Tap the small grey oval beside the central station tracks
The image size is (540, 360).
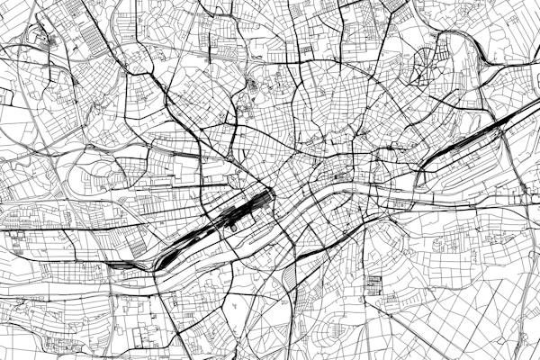tap(233, 228)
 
